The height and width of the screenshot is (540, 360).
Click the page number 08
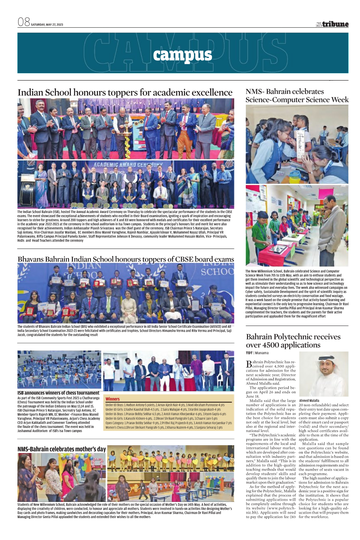coord(24,22)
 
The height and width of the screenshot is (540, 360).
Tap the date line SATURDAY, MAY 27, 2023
coord(47,25)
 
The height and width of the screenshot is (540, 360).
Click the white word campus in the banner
coord(182,55)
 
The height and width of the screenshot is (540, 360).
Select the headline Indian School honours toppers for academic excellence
coord(125,92)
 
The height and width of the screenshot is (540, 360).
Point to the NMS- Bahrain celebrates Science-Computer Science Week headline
coord(297,95)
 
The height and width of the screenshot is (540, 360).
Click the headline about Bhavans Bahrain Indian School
coord(126,259)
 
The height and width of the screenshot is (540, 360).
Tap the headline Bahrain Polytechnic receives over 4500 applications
coord(293,340)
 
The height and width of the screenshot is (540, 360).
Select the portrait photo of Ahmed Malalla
coord(324,374)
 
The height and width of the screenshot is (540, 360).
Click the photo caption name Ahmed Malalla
coord(309,400)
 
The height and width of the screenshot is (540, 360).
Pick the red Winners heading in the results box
coord(113,399)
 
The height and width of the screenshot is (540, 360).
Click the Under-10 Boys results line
coord(165,405)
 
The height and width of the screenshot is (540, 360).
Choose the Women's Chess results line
coord(164,427)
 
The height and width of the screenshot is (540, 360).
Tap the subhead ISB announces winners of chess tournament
coord(58,393)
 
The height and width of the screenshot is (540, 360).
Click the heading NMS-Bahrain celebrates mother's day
coord(62,449)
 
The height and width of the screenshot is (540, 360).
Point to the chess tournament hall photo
coord(59,369)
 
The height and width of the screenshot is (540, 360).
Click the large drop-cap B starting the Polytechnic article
coord(249,364)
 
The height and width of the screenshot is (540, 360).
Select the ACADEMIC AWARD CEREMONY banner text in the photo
coord(128,165)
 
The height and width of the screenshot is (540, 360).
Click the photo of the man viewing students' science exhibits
coord(297,225)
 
